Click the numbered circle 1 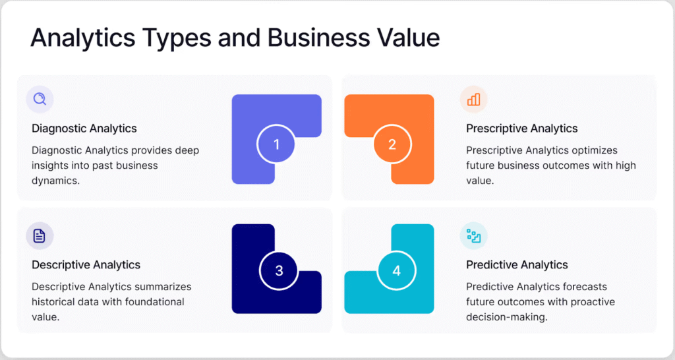point(276,144)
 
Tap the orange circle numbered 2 point(392,144)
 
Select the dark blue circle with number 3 point(279,270)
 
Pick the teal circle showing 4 point(396,270)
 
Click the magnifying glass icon point(40,99)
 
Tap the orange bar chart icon point(473,100)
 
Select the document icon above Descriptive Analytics point(39,235)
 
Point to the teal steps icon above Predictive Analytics point(473,236)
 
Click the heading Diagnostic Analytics point(84,129)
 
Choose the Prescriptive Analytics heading point(522,129)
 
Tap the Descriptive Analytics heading point(86,265)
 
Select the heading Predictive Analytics point(517,265)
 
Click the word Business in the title point(318,38)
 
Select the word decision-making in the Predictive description point(507,317)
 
